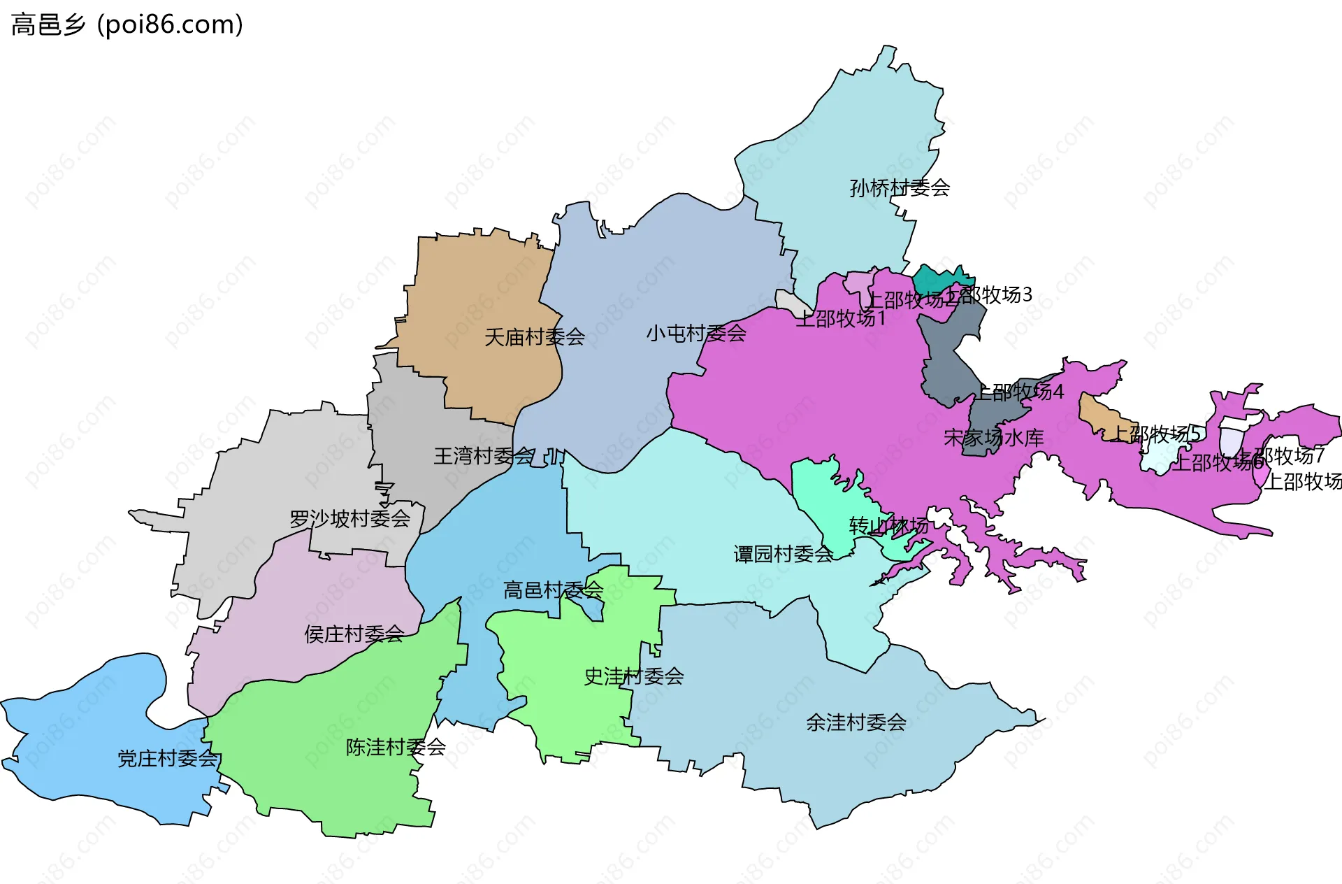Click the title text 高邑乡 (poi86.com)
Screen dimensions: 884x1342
[127, 24]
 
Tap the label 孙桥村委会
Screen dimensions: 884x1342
[900, 187]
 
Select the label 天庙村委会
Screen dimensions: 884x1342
[535, 337]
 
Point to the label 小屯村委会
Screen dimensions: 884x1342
[696, 333]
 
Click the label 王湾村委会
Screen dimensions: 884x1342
[484, 456]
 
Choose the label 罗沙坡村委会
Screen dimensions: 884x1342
[349, 519]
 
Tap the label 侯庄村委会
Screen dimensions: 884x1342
[354, 634]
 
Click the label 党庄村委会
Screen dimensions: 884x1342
[168, 759]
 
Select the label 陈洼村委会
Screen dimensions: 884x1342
[396, 748]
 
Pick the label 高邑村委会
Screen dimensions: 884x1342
[553, 590]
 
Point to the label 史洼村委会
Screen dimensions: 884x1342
[634, 676]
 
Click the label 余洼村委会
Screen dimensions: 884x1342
[856, 722]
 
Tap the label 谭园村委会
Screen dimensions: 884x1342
[784, 555]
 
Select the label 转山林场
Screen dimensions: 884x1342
[889, 526]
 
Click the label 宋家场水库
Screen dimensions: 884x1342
[994, 438]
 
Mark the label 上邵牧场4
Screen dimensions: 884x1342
[1020, 392]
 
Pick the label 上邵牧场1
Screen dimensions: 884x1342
[841, 319]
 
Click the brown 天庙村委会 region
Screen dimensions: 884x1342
[482, 294]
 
